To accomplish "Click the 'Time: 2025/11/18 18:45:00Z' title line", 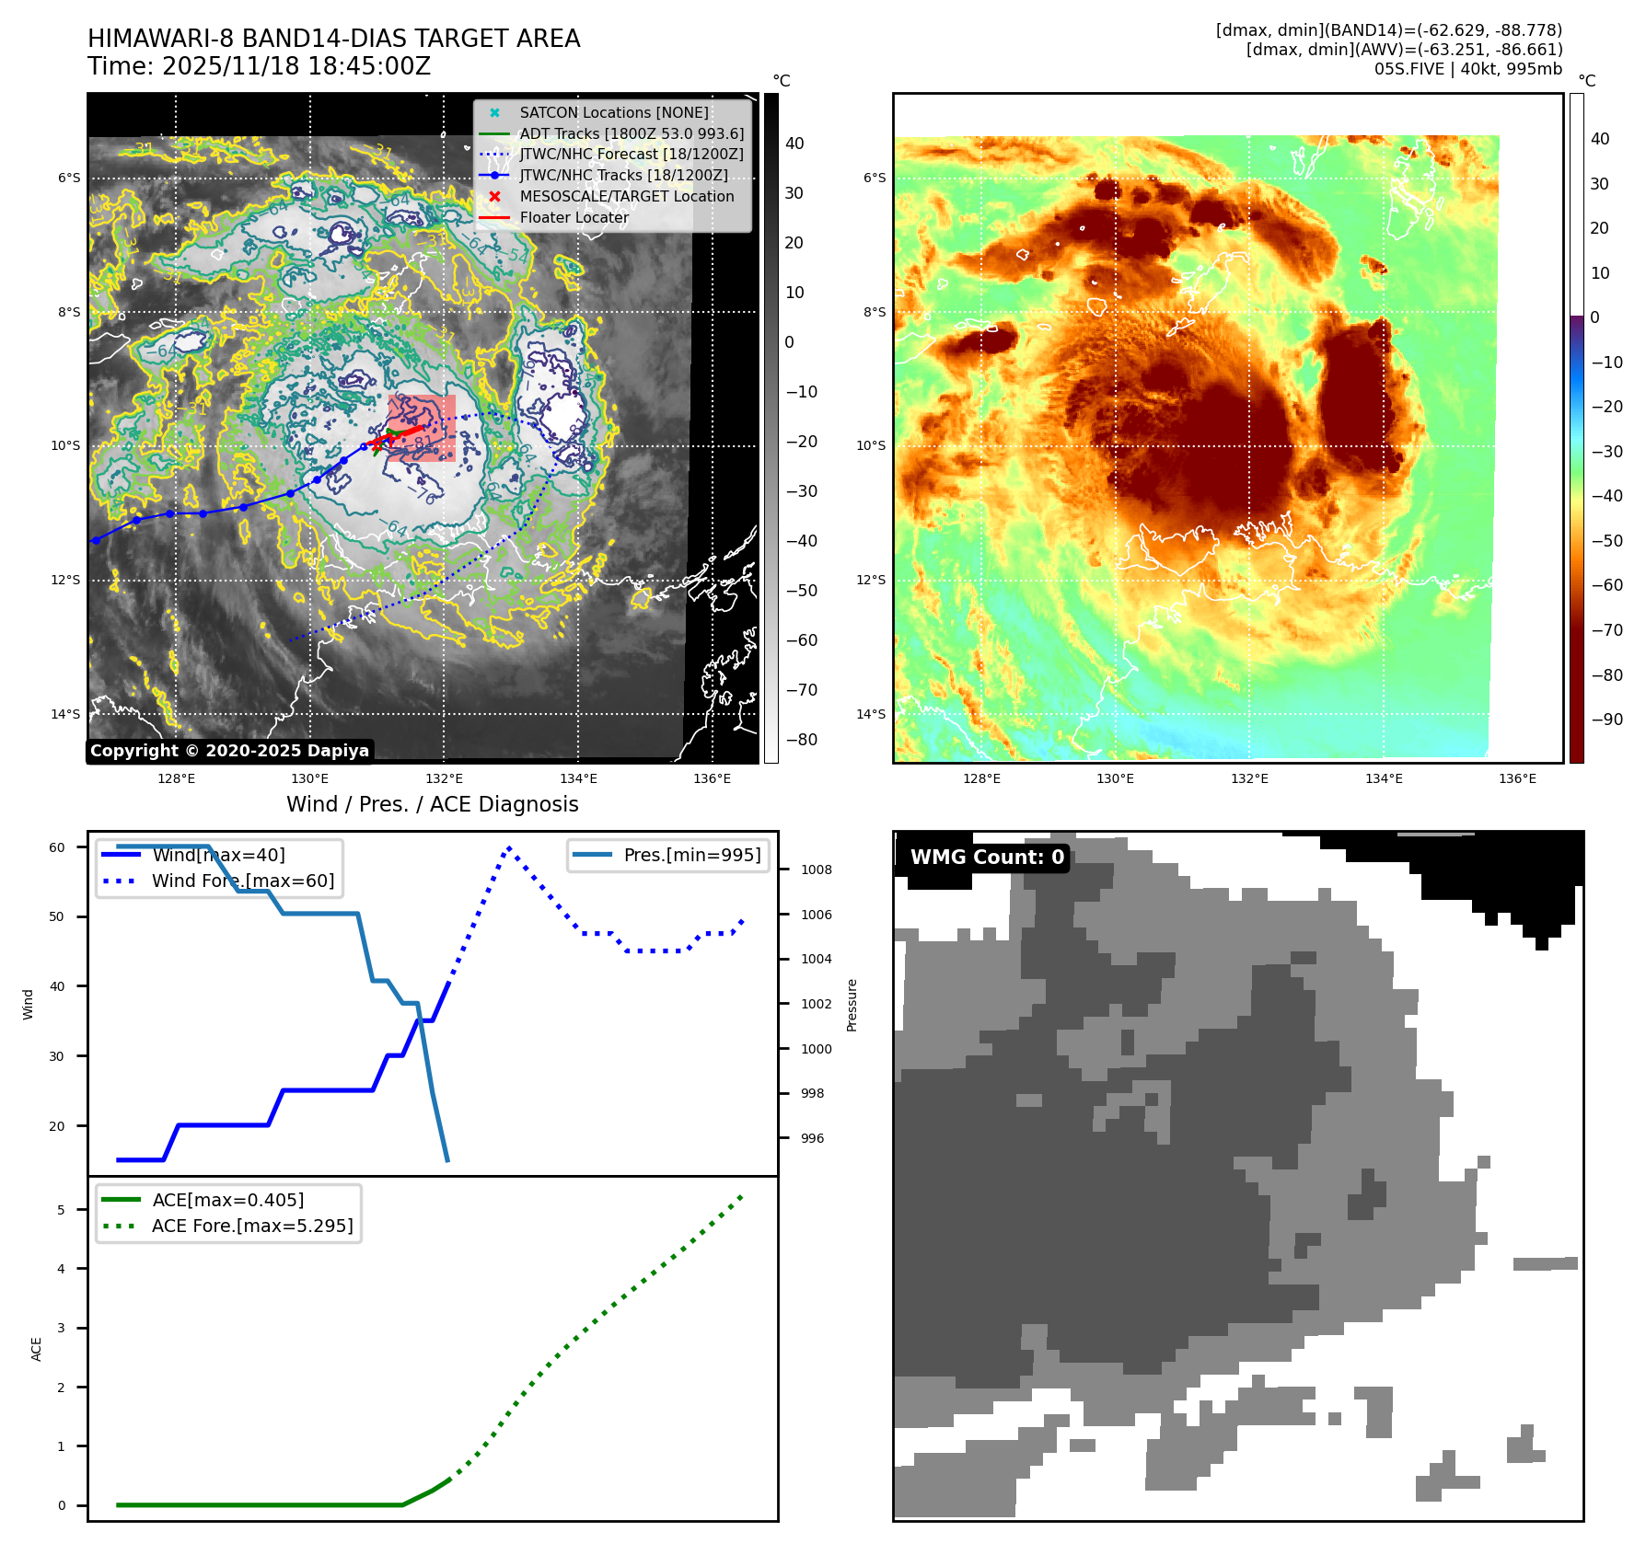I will (259, 66).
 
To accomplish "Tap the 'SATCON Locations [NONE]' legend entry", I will (613, 112).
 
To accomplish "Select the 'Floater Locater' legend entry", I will (574, 217).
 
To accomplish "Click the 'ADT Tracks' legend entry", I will (631, 133).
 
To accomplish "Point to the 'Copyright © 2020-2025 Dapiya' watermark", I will (229, 751).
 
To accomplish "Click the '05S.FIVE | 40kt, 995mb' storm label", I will (1467, 69).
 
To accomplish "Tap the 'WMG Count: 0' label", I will (986, 857).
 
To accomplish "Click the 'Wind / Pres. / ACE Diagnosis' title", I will (432, 804).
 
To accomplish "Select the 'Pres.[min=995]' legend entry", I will (691, 855).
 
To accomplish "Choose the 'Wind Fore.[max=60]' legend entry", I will (242, 881).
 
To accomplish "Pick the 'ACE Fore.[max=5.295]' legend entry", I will (251, 1226).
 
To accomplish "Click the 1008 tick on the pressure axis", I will (816, 870).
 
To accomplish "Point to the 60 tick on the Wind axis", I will (57, 847).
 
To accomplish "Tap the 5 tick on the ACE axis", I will (61, 1210).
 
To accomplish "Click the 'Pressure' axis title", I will (852, 1005).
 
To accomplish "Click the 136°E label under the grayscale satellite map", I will (712, 778).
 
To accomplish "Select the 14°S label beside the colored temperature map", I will (870, 714).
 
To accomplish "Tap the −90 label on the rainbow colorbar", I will (1606, 720).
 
